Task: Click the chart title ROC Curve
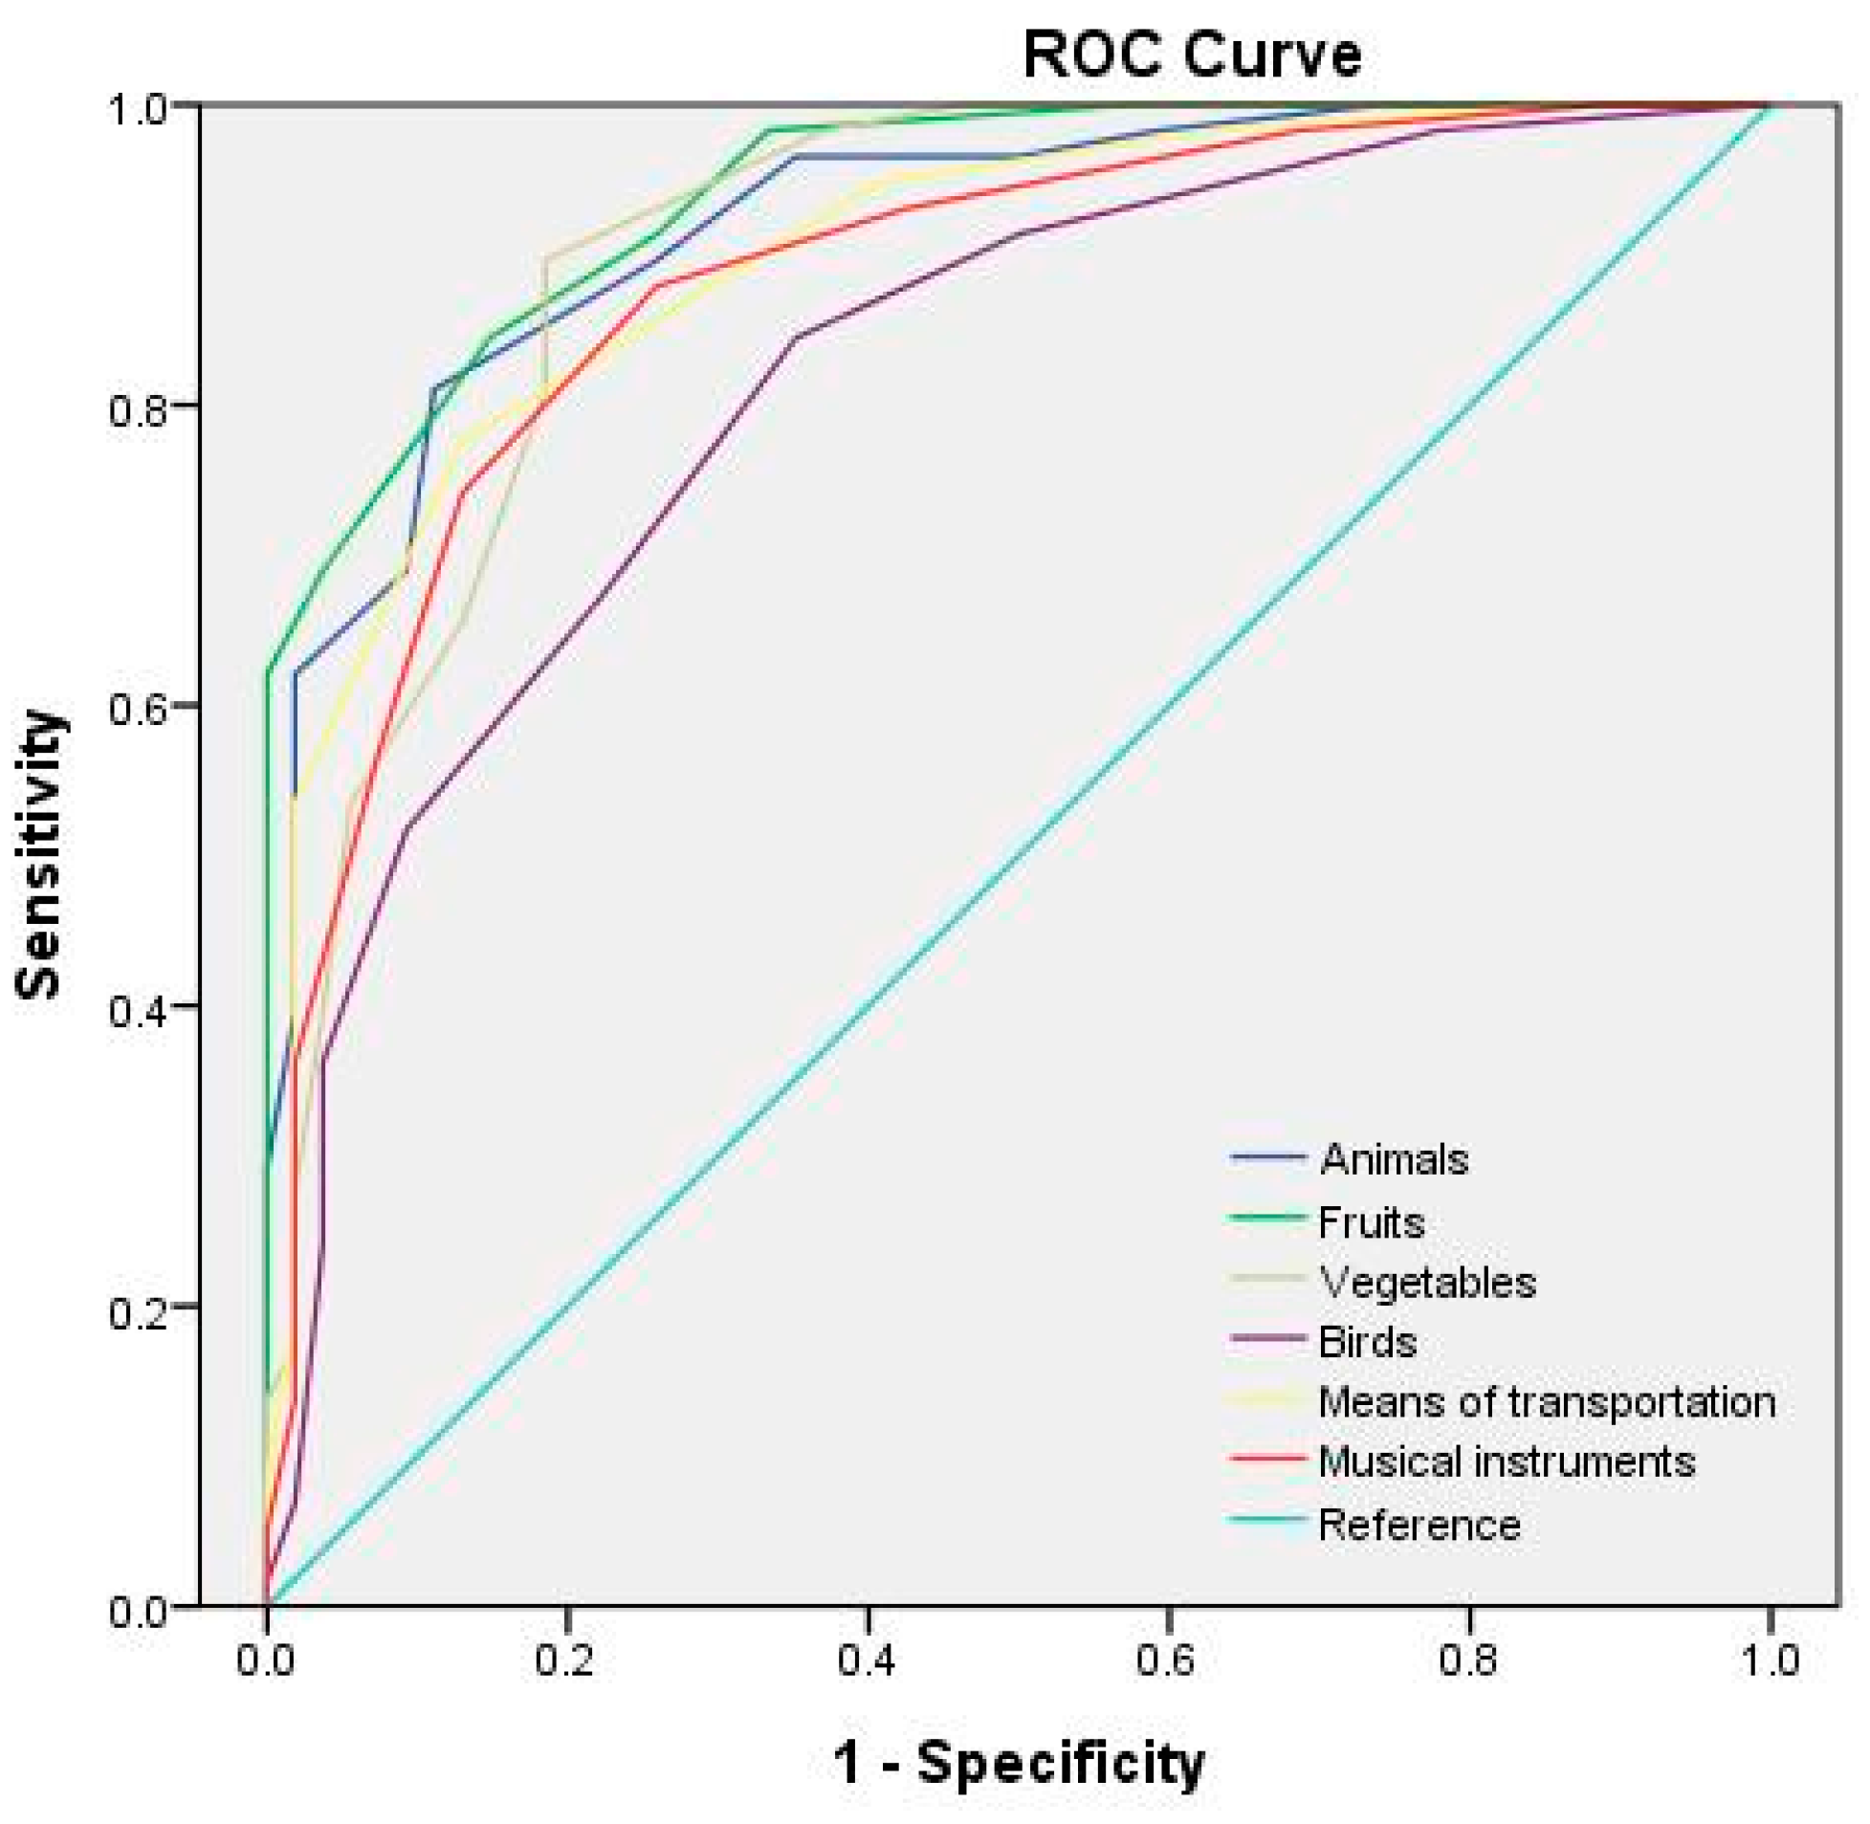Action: pos(1191,55)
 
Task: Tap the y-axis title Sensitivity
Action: pos(40,854)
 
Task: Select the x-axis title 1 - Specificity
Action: pos(1019,1762)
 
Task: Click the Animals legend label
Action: pos(1393,1159)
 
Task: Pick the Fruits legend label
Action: pos(1371,1222)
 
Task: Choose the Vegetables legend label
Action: pos(1426,1282)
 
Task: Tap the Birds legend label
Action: pos(1366,1342)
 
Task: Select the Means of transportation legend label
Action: pos(1546,1401)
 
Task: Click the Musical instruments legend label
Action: pos(1506,1461)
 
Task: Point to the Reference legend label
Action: pos(1419,1525)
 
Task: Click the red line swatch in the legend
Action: pos(1267,1460)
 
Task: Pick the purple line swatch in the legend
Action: pos(1267,1340)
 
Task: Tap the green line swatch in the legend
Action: pos(1267,1219)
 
